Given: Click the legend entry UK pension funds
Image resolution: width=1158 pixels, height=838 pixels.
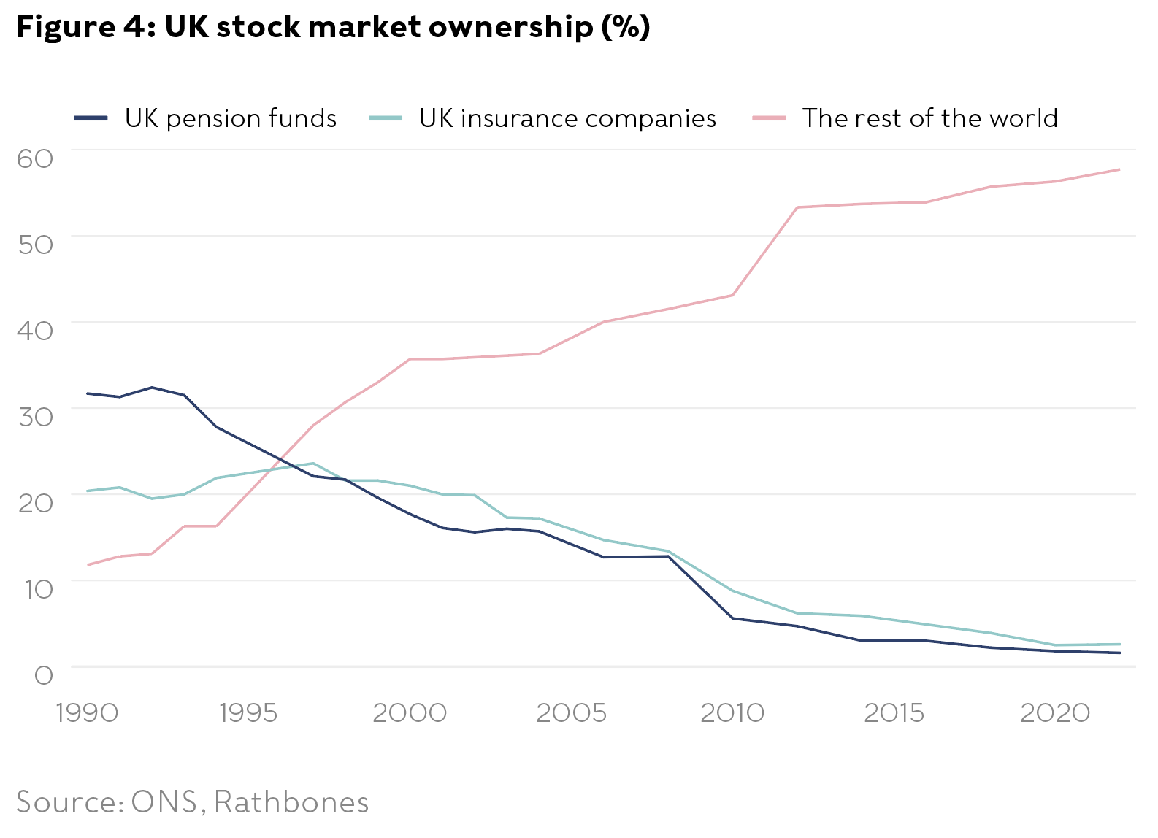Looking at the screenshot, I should click(x=230, y=118).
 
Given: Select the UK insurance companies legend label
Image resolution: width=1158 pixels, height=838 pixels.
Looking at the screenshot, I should click(x=567, y=118).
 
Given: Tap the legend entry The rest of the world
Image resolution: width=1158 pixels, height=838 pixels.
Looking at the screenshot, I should click(x=929, y=118).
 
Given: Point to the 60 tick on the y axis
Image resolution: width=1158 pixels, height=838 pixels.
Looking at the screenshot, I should click(x=35, y=158).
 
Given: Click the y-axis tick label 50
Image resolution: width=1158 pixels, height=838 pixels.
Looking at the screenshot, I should click(x=35, y=244).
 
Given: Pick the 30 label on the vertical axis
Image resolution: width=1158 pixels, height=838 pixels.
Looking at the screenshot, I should click(x=35, y=416).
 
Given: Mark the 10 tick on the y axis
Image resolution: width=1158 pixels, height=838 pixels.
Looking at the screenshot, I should click(x=38, y=588).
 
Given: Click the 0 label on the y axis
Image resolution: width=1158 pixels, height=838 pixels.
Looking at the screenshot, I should click(x=44, y=674).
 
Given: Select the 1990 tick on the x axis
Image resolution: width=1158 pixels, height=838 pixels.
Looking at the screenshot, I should click(x=87, y=712).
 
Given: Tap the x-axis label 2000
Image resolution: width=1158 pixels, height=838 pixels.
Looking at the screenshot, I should click(x=410, y=712).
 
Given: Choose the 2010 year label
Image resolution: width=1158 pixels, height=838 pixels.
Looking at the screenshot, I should click(x=732, y=712).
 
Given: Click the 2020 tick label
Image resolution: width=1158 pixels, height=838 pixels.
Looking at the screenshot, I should click(x=1055, y=712).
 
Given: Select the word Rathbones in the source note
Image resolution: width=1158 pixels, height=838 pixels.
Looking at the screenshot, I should click(x=291, y=802).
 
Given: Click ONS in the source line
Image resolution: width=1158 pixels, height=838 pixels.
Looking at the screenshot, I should click(x=164, y=802).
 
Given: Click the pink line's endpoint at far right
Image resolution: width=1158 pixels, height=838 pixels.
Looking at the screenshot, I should click(x=1119, y=169).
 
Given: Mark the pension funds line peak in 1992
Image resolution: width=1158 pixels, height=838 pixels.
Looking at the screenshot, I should click(x=152, y=388).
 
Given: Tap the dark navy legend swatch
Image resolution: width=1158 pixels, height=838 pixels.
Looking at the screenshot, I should click(x=91, y=118).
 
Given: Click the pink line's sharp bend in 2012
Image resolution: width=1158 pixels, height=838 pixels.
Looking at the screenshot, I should click(x=797, y=207).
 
